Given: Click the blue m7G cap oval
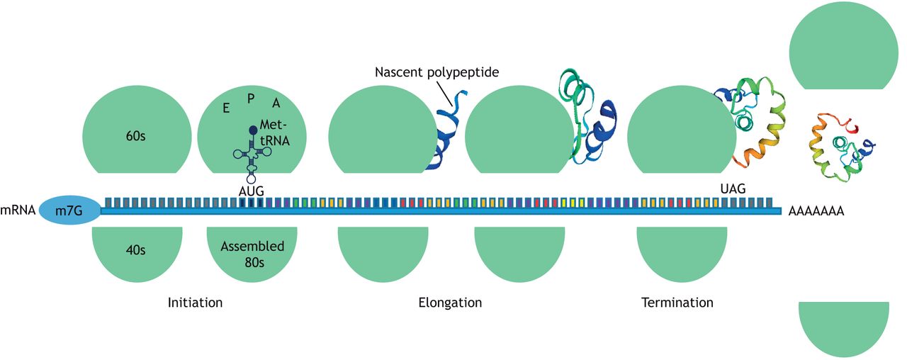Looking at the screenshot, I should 69,211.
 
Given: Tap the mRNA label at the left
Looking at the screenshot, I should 18,211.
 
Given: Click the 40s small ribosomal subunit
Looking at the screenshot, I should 136,252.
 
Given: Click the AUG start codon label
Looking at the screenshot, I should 252,191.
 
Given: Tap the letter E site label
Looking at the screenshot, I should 225,108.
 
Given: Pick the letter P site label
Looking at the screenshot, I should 251,98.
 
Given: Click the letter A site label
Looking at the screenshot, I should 276,103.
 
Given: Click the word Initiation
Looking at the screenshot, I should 195,303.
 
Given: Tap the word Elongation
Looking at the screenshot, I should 450,303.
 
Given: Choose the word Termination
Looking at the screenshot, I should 677,303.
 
